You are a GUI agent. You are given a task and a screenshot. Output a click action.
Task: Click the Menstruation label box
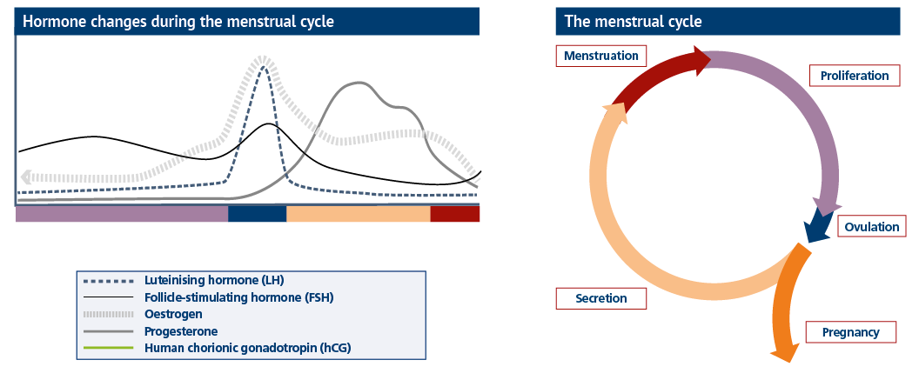(x=600, y=56)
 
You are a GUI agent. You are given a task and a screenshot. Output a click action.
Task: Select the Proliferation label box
(x=854, y=76)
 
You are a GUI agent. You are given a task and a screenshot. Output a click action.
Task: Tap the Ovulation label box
(x=871, y=227)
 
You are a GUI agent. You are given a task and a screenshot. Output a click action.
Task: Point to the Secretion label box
(x=600, y=298)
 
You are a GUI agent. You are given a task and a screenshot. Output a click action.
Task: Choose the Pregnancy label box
(x=850, y=332)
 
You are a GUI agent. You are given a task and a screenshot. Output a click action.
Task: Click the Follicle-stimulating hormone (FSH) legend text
(x=239, y=297)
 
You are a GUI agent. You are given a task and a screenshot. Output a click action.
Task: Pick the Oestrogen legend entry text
(x=173, y=315)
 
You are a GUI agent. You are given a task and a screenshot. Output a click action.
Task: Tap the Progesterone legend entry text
(x=181, y=331)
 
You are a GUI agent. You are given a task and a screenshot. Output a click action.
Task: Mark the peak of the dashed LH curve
(x=264, y=67)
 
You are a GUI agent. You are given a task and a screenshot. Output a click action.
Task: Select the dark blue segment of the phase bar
(x=258, y=214)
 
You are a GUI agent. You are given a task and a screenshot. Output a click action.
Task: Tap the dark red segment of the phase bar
(x=455, y=214)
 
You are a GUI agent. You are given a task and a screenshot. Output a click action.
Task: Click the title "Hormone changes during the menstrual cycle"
(x=178, y=22)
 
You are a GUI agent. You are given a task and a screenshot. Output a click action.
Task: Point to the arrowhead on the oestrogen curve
(x=25, y=177)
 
